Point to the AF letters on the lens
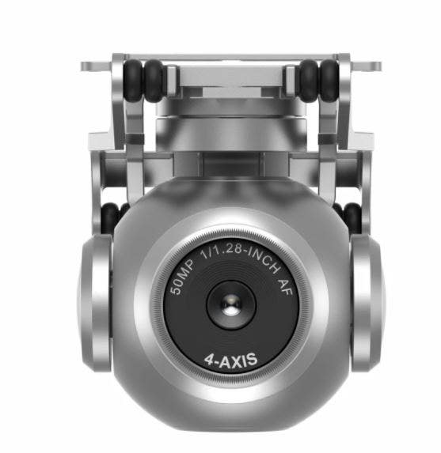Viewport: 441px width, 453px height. click(x=285, y=287)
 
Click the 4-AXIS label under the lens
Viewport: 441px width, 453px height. click(x=230, y=361)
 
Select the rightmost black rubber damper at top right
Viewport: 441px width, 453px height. click(x=329, y=80)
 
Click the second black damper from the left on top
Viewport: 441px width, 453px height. click(x=154, y=81)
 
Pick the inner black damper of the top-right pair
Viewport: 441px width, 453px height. click(x=309, y=81)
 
